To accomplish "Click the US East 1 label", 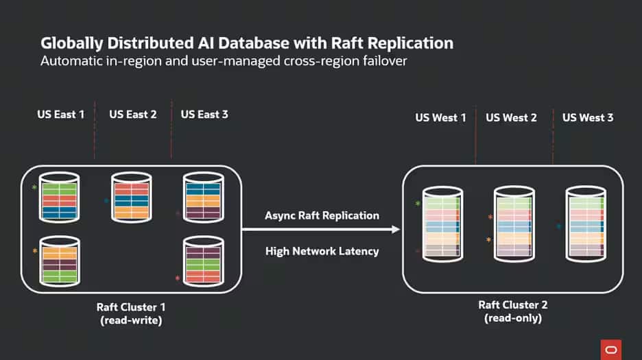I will tap(61, 115).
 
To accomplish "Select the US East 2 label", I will tap(133, 115).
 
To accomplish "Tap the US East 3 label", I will tap(204, 115).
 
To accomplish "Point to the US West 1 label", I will tap(440, 118).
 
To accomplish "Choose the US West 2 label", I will tap(512, 118).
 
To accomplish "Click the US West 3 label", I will tap(588, 118).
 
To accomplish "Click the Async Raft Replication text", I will tap(322, 215).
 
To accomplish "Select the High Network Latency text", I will tap(322, 251).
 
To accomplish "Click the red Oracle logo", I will tap(610, 348).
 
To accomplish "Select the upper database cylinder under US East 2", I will tap(131, 197).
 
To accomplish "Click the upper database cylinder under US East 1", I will tap(59, 197).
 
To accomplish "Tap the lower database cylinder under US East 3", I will tap(203, 260).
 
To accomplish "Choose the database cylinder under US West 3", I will tap(585, 226).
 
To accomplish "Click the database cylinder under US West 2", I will tap(513, 226).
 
